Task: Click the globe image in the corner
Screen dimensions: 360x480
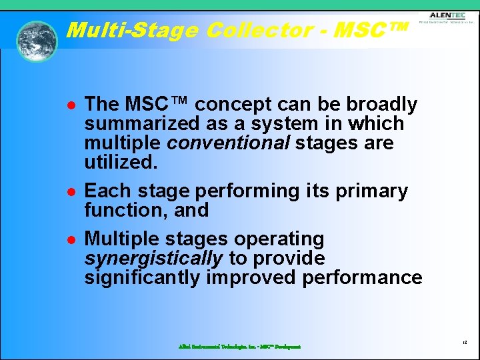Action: (37, 41)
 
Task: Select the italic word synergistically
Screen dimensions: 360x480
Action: (153, 258)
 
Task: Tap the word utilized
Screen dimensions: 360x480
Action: (119, 163)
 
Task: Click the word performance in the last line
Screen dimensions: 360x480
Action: (362, 277)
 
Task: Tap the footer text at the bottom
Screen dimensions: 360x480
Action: (239, 347)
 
